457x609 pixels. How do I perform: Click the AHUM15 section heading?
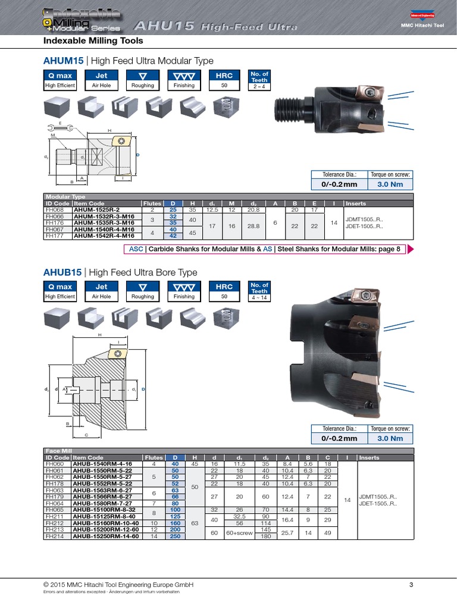[128, 61]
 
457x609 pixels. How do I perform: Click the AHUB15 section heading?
[120, 272]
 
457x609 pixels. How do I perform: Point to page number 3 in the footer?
[411, 585]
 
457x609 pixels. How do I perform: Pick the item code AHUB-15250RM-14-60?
[105, 536]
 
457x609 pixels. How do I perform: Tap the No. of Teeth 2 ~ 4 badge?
[259, 80]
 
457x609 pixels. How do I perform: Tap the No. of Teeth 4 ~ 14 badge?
[259, 291]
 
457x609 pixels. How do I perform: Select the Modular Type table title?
[65, 196]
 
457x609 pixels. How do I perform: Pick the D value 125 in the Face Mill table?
[175, 516]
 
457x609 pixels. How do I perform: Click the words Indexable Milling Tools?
[93, 41]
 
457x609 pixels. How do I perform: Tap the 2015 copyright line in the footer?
[119, 585]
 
